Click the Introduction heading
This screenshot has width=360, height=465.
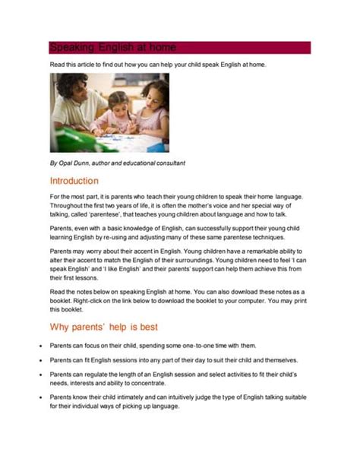[74, 182]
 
